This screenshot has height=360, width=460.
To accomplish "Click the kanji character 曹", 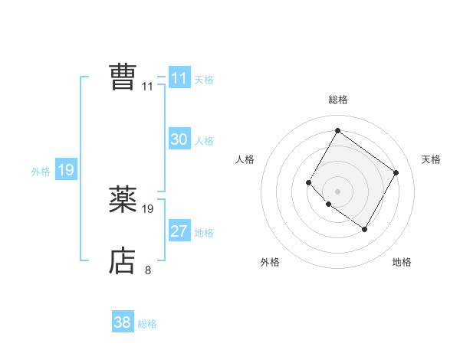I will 122,77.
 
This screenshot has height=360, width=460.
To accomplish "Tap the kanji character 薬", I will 122,200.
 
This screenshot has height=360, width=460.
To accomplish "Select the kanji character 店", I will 122,261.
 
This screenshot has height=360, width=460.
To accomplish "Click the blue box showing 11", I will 179,78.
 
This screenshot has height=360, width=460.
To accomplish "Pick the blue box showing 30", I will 179,139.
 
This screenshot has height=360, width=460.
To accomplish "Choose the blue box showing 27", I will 179,231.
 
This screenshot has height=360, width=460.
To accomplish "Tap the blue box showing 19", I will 65,170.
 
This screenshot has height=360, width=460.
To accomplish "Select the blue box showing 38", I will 122,322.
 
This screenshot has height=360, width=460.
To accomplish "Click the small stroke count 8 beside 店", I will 147,270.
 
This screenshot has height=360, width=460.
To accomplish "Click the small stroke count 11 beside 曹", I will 147,86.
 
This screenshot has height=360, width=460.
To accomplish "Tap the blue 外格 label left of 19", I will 41,172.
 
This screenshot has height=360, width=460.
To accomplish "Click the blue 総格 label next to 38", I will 147,324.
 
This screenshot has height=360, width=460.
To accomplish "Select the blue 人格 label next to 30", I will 204,141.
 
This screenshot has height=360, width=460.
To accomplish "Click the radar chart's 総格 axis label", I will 337,100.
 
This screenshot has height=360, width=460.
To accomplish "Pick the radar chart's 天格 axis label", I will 431,159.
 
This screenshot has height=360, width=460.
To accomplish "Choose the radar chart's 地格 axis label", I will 402,262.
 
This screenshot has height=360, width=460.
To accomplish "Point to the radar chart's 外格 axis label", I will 270,262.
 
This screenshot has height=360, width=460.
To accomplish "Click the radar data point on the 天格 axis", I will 396,172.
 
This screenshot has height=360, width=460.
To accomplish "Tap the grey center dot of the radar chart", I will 337,191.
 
